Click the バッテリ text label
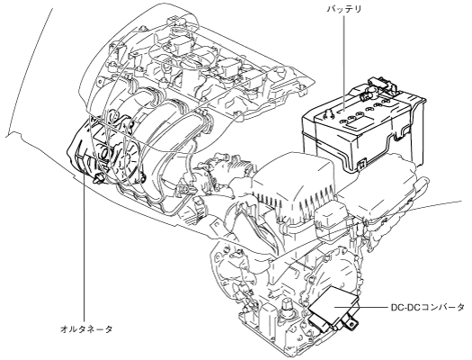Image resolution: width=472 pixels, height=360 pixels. (344, 9)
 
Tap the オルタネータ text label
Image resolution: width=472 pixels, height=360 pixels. (86, 328)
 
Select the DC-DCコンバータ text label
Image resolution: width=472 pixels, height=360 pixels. (427, 307)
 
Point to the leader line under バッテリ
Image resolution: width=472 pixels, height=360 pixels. (344, 62)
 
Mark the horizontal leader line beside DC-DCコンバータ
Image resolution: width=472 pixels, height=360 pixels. (361, 307)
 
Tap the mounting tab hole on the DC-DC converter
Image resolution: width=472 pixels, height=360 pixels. (352, 324)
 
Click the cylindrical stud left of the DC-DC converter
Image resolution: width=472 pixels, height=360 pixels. (288, 308)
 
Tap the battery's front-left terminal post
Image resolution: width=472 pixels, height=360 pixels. (329, 114)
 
